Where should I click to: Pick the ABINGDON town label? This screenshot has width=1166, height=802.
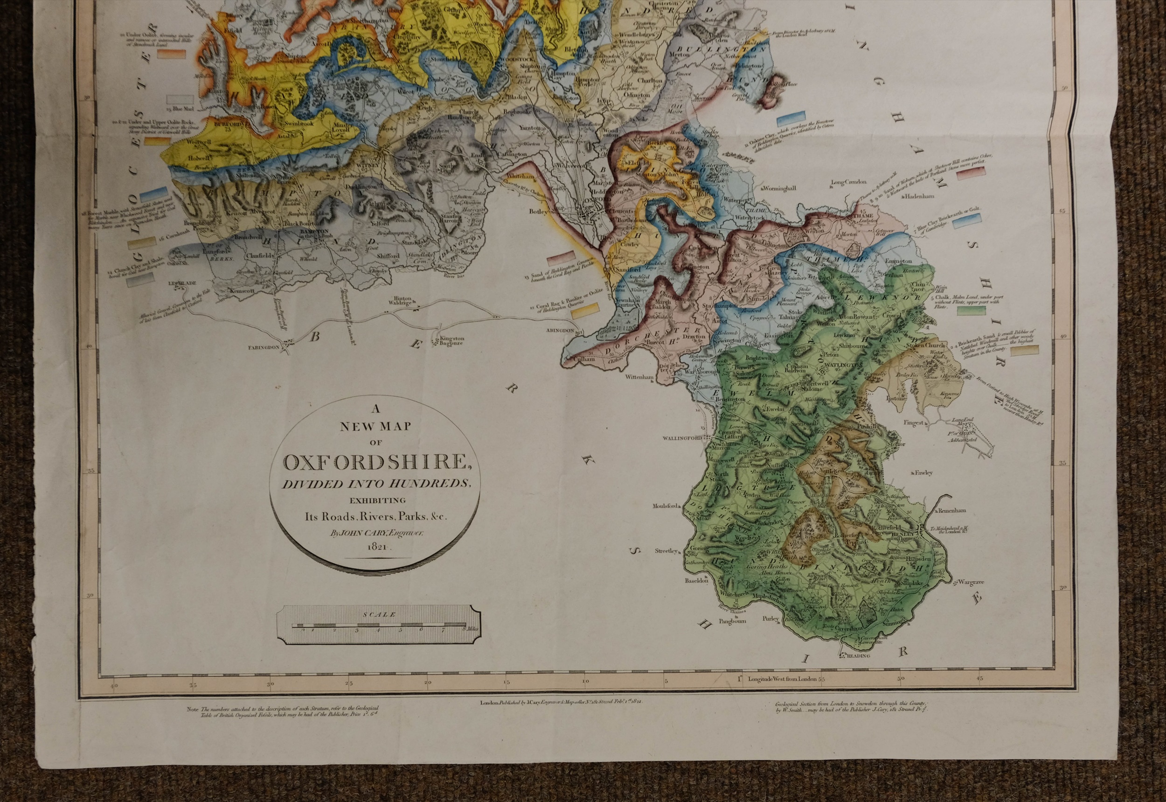pos(560,331)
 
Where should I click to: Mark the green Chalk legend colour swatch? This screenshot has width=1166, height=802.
pos(971,311)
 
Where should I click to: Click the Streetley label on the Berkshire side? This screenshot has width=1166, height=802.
pos(666,551)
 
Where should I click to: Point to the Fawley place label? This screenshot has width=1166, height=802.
pos(924,473)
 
